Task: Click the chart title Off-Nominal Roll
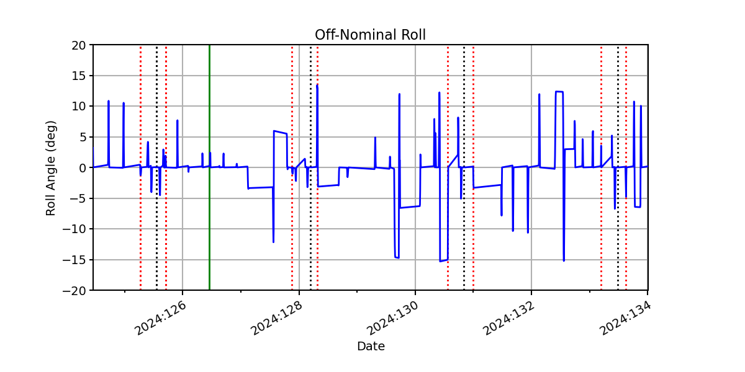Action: click(370, 35)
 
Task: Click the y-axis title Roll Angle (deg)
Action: click(50, 168)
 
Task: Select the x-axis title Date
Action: click(371, 346)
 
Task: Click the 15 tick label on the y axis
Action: click(78, 76)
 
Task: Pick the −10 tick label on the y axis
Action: click(74, 229)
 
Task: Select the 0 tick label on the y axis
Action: click(82, 168)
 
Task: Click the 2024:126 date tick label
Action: click(160, 318)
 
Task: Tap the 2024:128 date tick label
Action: click(276, 318)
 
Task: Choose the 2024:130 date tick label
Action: click(392, 318)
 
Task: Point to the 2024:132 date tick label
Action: click(509, 318)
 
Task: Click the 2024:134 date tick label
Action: click(625, 318)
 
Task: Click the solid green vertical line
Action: click(210, 168)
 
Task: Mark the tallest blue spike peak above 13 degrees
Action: click(317, 86)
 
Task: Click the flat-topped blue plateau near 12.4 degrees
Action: click(559, 92)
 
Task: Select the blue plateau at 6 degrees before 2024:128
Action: click(280, 132)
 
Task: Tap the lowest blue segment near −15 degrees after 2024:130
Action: click(444, 260)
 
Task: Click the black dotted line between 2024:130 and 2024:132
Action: click(464, 168)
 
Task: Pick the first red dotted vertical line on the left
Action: click(141, 168)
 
